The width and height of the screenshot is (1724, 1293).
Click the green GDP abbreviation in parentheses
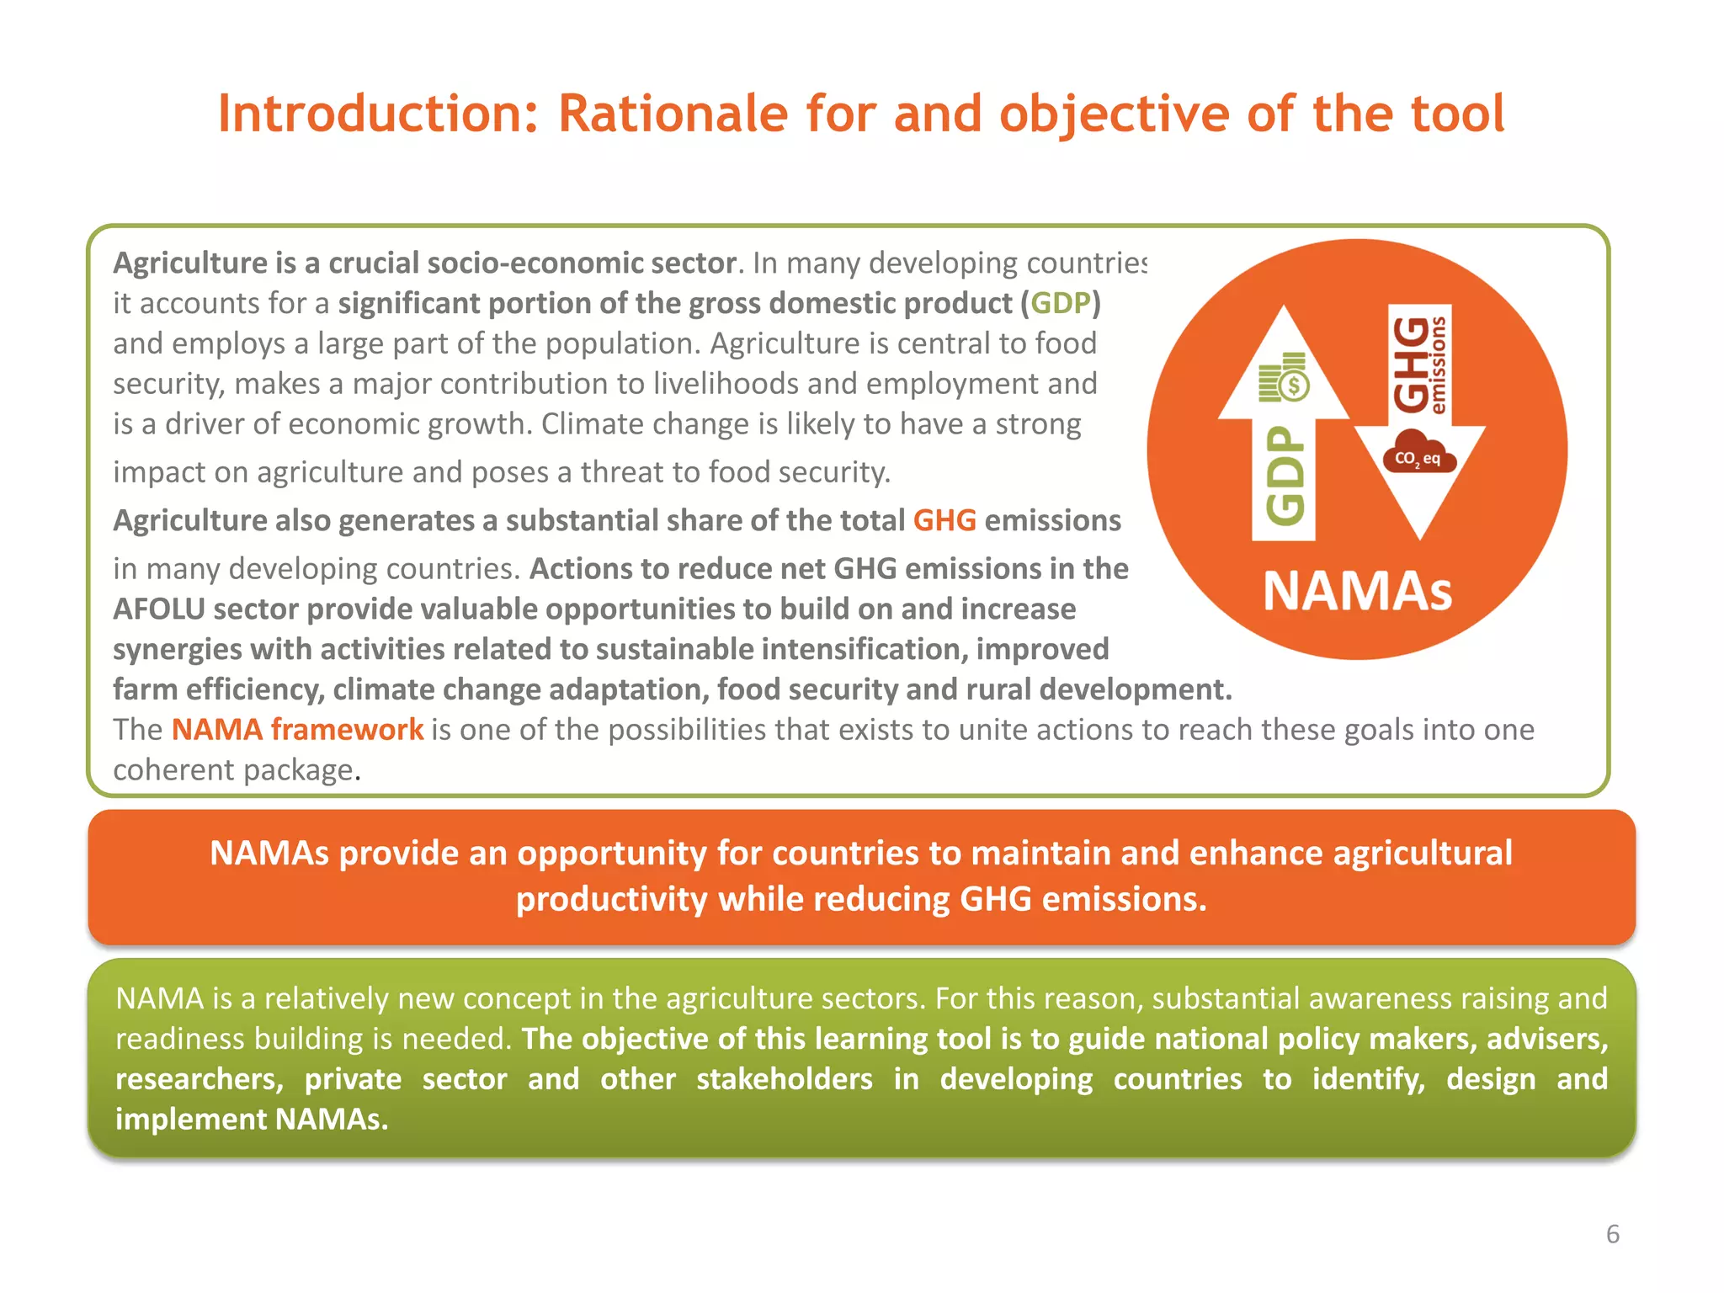[x=1061, y=303]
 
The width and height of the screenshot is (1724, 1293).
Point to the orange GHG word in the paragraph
[x=944, y=520]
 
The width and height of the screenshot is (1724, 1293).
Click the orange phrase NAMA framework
[x=297, y=729]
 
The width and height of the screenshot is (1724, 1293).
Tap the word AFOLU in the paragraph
[x=159, y=609]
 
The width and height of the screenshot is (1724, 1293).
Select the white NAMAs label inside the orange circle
[x=1357, y=591]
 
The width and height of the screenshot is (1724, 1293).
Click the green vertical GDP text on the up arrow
[x=1285, y=476]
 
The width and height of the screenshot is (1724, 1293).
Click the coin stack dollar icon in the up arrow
[x=1284, y=378]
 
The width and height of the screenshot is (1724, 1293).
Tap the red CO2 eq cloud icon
[x=1418, y=453]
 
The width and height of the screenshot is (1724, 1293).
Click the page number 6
[x=1612, y=1234]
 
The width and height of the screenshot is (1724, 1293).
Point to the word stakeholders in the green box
[x=784, y=1079]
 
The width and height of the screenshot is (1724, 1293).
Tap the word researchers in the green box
[x=199, y=1079]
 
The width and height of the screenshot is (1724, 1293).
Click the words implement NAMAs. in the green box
[x=252, y=1120]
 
